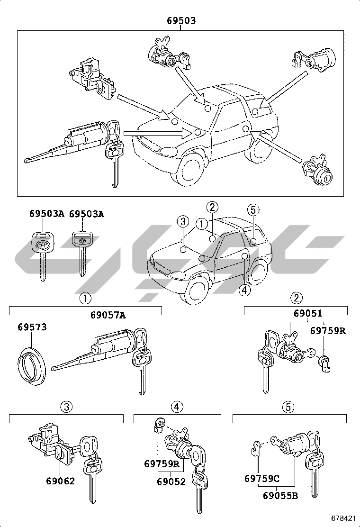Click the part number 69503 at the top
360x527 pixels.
[181, 21]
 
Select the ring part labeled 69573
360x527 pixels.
[32, 364]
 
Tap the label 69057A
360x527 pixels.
[108, 315]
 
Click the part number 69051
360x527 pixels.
[307, 313]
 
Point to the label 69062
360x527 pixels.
[60, 481]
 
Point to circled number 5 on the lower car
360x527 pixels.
[253, 209]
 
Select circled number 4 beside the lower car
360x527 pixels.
[244, 290]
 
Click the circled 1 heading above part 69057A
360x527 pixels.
[85, 298]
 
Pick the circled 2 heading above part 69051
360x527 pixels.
[296, 298]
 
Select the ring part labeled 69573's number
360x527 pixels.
[32, 327]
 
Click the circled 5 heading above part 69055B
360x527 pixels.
[289, 406]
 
